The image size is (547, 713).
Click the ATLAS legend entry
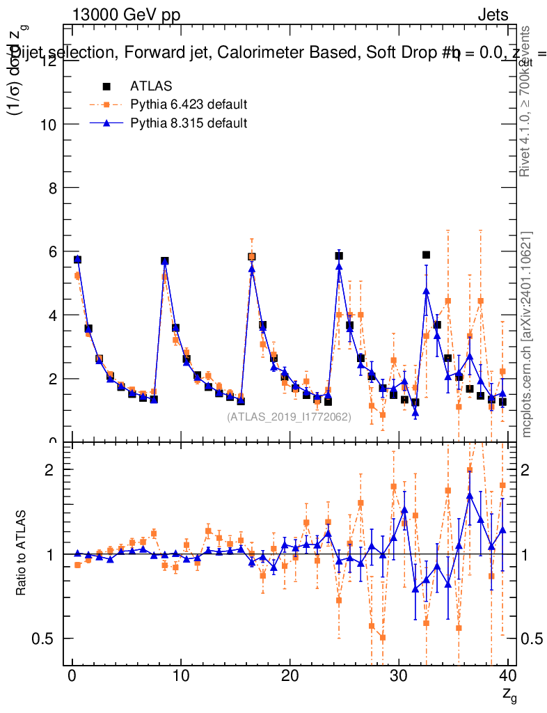pyautogui.click(x=150, y=86)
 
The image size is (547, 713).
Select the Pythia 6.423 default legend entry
pyautogui.click(x=189, y=105)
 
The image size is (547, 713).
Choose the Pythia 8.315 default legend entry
pyautogui.click(x=189, y=123)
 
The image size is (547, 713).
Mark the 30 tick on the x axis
pyautogui.click(x=399, y=675)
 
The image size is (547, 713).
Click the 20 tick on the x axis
pyautogui.click(x=290, y=675)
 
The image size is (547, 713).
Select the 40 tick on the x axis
pyautogui.click(x=507, y=675)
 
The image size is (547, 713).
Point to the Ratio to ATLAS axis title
pyautogui.click(x=22, y=554)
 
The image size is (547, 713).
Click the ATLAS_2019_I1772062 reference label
pyautogui.click(x=289, y=417)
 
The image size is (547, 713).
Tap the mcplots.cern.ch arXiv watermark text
pyautogui.click(x=527, y=334)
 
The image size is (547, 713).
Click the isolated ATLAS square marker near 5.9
pyautogui.click(x=426, y=255)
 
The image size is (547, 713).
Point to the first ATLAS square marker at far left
pyautogui.click(x=77, y=259)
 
